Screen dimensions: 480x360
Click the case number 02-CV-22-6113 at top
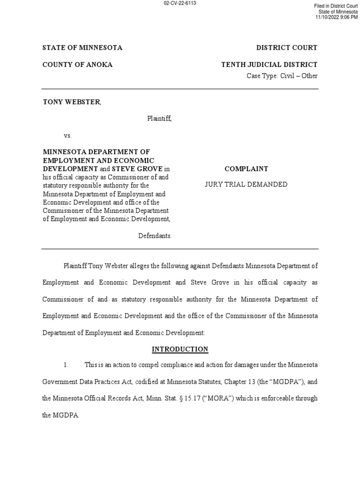tap(180, 3)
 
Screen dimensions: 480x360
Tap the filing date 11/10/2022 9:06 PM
tap(336, 17)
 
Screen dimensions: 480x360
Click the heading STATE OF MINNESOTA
tap(82, 48)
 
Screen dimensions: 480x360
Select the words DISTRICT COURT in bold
tap(286, 48)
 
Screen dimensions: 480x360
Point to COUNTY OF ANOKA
tap(78, 65)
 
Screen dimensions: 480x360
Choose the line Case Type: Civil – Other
tap(282, 76)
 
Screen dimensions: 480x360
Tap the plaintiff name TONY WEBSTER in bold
tap(71, 102)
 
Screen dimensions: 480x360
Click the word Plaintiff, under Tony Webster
tap(159, 119)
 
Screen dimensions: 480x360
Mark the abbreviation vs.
tap(67, 135)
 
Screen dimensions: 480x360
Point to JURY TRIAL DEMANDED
tap(246, 185)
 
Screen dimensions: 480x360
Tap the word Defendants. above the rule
tap(155, 236)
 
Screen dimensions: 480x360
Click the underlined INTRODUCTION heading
tap(180, 349)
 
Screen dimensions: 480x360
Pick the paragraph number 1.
tap(67, 365)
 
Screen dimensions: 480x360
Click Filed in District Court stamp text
tap(336, 6)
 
